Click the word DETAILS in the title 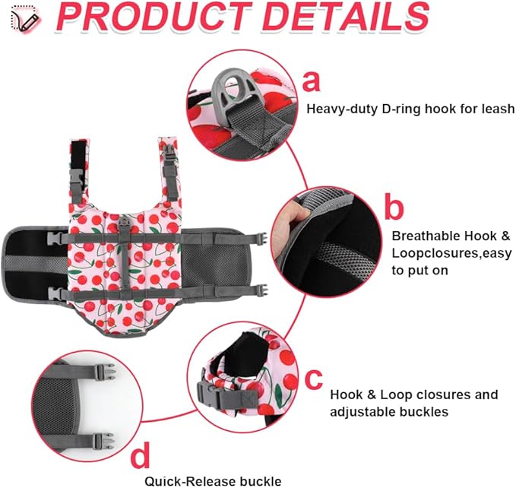pyautogui.click(x=347, y=17)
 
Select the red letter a pyautogui.click(x=311, y=81)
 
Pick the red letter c pyautogui.click(x=313, y=379)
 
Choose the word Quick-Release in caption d pyautogui.click(x=189, y=480)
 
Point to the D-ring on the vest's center pyautogui.click(x=124, y=223)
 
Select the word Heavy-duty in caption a pyautogui.click(x=341, y=109)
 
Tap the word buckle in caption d pyautogui.click(x=260, y=480)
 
